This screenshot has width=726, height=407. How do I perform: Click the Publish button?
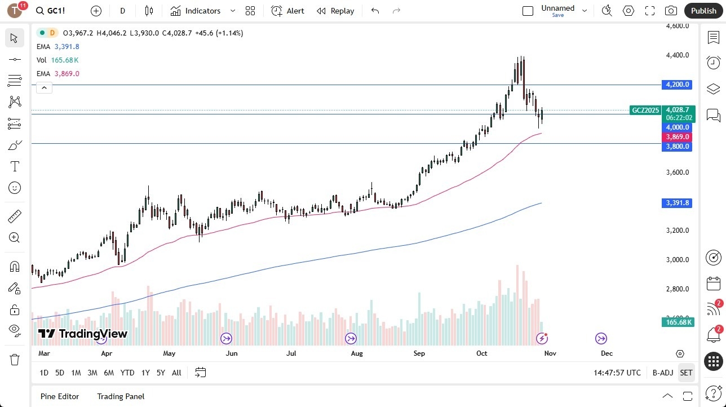point(703,11)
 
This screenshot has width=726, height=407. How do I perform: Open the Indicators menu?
point(202,11)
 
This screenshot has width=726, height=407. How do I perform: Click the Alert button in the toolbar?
point(287,11)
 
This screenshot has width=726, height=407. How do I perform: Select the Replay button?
point(335,11)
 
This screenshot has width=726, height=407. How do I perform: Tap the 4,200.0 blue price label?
point(678,85)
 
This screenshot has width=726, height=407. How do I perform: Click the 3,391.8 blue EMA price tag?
point(678,203)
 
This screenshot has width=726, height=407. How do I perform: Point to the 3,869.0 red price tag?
point(678,137)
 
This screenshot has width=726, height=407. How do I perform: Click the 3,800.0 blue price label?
point(678,147)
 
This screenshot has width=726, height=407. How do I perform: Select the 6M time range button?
point(109,373)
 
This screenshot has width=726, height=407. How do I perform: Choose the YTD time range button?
point(127,373)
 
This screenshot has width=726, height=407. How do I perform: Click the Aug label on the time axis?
point(357,353)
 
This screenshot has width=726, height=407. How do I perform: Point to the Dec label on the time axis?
point(607,353)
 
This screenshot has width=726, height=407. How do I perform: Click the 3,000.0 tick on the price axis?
point(678,260)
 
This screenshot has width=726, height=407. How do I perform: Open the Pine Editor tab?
point(60,396)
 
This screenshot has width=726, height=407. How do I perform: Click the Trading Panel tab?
point(121,396)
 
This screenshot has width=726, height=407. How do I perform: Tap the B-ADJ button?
point(663,373)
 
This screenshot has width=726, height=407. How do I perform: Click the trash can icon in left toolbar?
point(15,360)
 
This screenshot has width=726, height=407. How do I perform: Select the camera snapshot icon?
point(671,11)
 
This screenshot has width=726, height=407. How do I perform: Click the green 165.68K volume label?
point(678,322)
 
